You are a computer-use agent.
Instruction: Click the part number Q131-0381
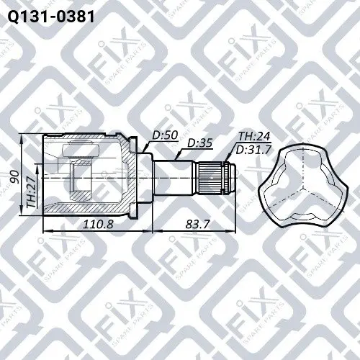[x=51, y=17]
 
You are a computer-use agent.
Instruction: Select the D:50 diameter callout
[x=165, y=135]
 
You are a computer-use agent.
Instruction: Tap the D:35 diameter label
[x=199, y=143]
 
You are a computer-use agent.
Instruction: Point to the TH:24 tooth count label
[x=254, y=137]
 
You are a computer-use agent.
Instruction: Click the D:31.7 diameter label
[x=253, y=150]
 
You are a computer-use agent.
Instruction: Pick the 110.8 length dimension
[x=98, y=225]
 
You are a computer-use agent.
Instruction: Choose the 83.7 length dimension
[x=197, y=225]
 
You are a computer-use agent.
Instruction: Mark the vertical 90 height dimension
[x=16, y=177]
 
